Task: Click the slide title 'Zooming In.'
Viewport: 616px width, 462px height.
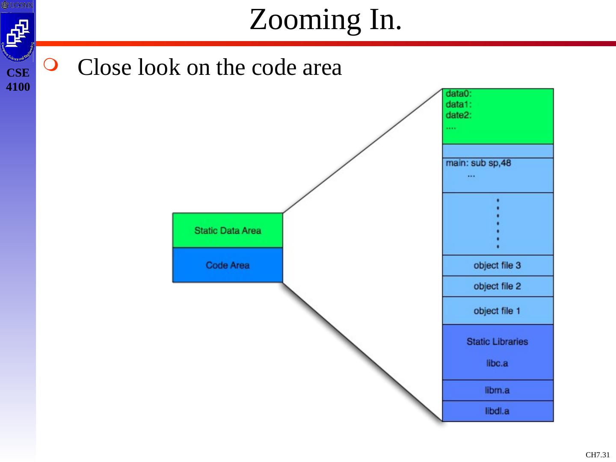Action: [x=326, y=20]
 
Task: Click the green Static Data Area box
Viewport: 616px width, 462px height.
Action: [x=228, y=230]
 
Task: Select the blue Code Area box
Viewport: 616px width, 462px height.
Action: [x=228, y=265]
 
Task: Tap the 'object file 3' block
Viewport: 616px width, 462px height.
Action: [x=498, y=265]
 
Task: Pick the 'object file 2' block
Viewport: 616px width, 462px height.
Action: [x=498, y=286]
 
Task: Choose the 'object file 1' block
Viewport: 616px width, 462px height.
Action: [x=498, y=311]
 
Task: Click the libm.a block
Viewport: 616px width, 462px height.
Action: [x=498, y=390]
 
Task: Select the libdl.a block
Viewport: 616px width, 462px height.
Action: [x=498, y=411]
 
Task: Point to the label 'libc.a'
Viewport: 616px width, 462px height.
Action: [x=497, y=363]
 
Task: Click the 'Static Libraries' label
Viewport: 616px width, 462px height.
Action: [x=497, y=341]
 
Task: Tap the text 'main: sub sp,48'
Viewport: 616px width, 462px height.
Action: [x=478, y=163]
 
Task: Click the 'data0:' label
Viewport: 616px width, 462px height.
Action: [x=458, y=94]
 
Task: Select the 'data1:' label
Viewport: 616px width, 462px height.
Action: [x=458, y=104]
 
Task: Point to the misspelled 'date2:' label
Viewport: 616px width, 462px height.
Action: [x=458, y=115]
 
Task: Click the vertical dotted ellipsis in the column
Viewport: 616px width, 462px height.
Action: [x=498, y=223]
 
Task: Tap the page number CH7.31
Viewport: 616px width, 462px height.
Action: [x=598, y=455]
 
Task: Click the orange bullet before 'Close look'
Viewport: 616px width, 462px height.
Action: [x=50, y=65]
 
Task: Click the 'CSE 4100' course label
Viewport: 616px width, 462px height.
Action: [x=18, y=80]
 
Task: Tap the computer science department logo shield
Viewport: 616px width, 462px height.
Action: [x=18, y=36]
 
